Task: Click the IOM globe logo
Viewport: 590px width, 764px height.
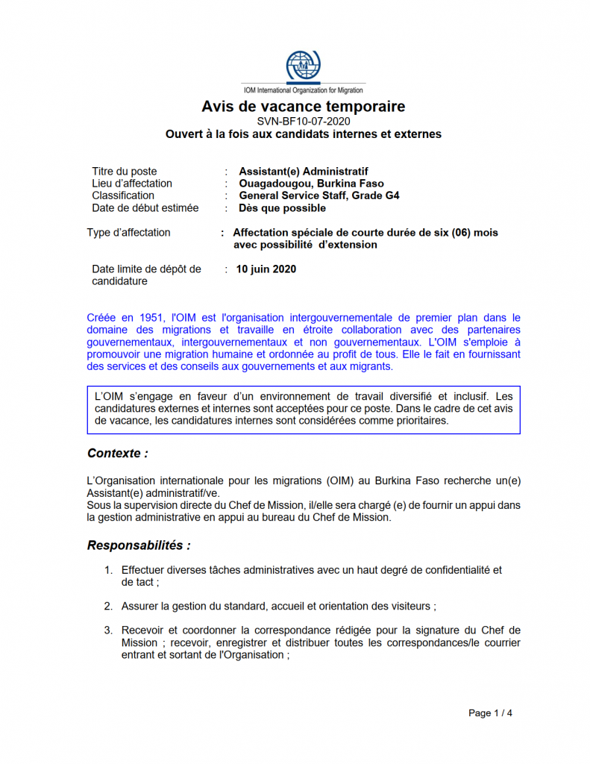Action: [303, 66]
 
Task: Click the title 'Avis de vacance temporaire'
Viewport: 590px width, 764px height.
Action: [303, 107]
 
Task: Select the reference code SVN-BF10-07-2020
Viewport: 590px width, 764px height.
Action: [303, 121]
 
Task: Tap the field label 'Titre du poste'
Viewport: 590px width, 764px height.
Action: [125, 171]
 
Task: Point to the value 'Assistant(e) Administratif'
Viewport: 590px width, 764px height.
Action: [304, 171]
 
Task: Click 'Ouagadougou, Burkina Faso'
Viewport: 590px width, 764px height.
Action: [311, 184]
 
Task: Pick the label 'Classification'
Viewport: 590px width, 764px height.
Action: [123, 195]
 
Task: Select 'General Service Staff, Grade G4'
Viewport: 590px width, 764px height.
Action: [319, 195]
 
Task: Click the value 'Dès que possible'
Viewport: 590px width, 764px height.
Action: [282, 208]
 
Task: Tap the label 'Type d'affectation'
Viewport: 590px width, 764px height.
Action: [128, 233]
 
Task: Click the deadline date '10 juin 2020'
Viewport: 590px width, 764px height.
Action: [266, 269]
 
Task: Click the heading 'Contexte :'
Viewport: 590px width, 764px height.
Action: [117, 453]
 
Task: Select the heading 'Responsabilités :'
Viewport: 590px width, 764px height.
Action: [139, 545]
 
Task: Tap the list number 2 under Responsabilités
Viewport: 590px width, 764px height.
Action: [108, 606]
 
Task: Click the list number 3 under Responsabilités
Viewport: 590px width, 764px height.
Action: [108, 630]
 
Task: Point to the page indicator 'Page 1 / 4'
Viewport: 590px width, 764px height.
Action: [490, 713]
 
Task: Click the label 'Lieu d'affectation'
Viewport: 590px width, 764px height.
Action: [132, 184]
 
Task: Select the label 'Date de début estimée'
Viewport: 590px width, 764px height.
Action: [145, 208]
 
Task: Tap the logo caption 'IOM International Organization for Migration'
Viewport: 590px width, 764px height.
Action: [303, 90]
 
